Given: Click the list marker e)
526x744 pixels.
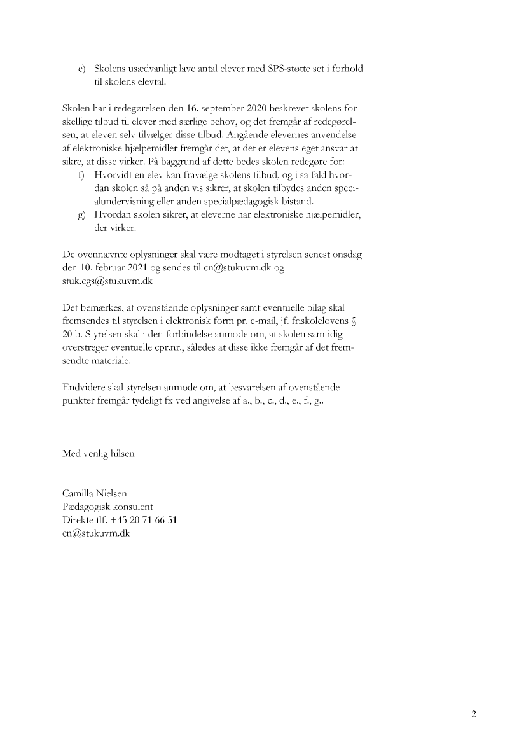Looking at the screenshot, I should pyautogui.click(x=81, y=69).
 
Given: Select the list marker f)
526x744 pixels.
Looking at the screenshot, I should pyautogui.click(x=81, y=174).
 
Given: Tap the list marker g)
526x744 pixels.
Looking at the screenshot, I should pyautogui.click(x=81, y=214).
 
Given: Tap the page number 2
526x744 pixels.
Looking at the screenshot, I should pyautogui.click(x=473, y=713).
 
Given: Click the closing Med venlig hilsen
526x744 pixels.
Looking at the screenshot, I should pyautogui.click(x=99, y=454).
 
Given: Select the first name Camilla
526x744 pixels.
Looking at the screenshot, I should pyautogui.click(x=80, y=494).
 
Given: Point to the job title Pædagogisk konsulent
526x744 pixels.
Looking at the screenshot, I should pyautogui.click(x=107, y=507).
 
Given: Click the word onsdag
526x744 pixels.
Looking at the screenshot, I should pyautogui.click(x=346, y=255).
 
